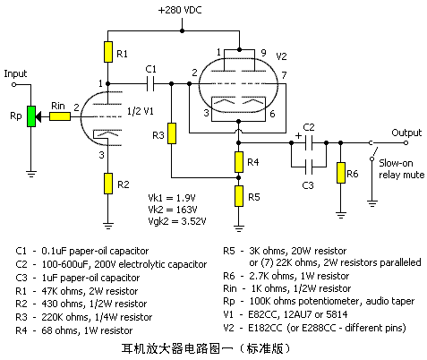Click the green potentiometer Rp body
click(31, 116)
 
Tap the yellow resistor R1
click(108, 52)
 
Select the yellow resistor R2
click(108, 184)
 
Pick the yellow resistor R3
click(172, 133)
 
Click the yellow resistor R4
click(239, 162)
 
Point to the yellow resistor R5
click(239, 196)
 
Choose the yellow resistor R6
click(341, 173)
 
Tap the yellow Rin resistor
click(60, 116)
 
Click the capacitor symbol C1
click(150, 84)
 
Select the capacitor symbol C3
click(309, 167)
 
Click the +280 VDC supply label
click(180, 10)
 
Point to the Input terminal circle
click(13, 84)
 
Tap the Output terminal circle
click(406, 143)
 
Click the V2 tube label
click(281, 56)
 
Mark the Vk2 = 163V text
click(173, 210)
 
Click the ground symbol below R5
click(239, 228)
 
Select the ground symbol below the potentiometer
click(31, 174)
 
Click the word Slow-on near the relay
click(396, 163)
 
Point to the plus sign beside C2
click(298, 136)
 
